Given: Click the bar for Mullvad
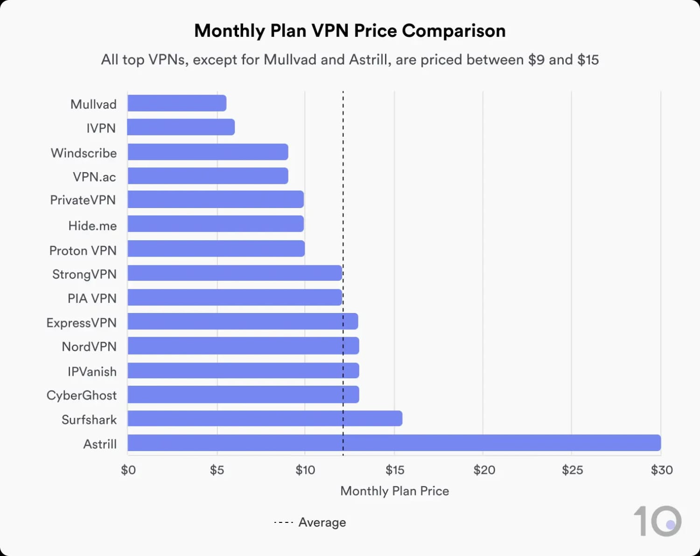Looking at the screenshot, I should click(177, 103).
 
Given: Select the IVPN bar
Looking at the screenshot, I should click(181, 127).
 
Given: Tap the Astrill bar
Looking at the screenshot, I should click(394, 443).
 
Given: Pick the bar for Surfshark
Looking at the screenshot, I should click(265, 418).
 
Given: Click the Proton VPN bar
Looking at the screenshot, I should click(216, 249).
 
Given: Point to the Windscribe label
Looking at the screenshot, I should click(84, 153).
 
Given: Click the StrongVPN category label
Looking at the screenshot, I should click(84, 274).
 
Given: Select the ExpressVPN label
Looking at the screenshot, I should click(81, 323).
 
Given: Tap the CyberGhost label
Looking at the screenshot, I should click(81, 396).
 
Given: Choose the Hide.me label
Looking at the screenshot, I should click(92, 226).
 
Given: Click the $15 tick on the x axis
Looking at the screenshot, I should click(395, 470).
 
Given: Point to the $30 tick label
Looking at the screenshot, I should click(661, 470).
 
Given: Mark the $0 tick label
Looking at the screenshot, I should click(128, 470).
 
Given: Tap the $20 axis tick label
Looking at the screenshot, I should click(484, 470).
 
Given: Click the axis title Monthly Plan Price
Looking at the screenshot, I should click(394, 491).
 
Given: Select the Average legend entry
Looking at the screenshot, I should click(310, 522).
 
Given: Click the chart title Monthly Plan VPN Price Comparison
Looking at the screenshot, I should click(350, 31).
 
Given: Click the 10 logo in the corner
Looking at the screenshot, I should click(657, 521).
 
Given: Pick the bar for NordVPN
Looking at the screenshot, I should click(243, 346).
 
